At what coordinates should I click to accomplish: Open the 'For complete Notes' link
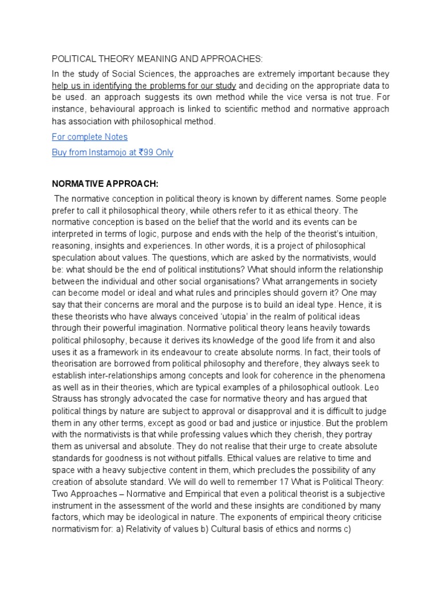coord(89,137)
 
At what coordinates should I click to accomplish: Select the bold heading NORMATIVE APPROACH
coord(105,183)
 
